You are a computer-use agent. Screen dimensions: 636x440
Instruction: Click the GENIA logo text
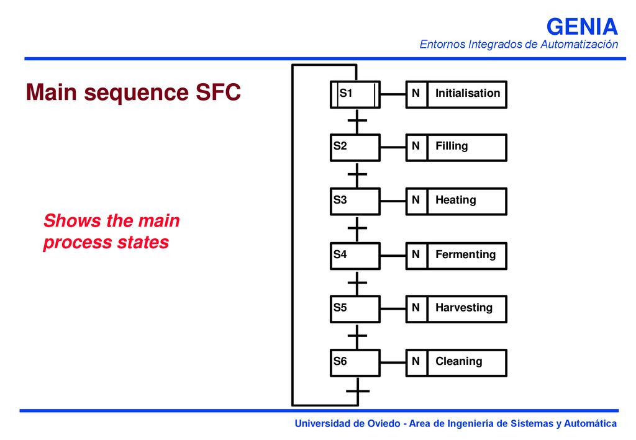[582, 27]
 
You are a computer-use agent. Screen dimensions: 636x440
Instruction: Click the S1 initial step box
[355, 94]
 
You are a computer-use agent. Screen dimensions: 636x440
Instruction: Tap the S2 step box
[355, 148]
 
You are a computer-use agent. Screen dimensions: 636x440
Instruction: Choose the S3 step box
[355, 201]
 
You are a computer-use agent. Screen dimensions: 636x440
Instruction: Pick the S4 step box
[355, 256]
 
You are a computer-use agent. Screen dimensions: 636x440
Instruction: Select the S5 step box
[355, 309]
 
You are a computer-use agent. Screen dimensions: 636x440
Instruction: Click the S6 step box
[355, 363]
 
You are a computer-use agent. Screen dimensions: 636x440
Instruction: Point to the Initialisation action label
[468, 93]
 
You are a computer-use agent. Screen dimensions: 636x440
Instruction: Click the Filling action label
[452, 146]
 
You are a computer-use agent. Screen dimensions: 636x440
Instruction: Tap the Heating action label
[455, 200]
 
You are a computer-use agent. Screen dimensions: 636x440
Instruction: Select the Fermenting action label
[466, 254]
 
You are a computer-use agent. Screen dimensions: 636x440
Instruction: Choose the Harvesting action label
[464, 308]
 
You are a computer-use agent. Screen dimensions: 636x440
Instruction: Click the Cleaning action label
[459, 361]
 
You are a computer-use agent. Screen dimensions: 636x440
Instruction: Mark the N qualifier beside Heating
[416, 200]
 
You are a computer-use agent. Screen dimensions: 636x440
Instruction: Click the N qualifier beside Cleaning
[416, 361]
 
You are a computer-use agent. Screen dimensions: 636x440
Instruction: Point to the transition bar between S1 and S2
[357, 120]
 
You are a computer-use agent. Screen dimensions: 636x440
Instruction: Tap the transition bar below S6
[358, 391]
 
